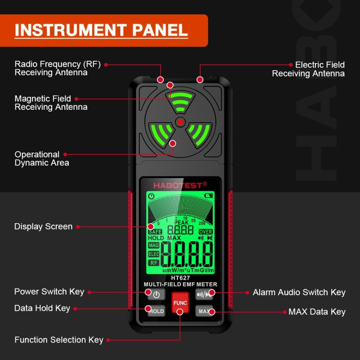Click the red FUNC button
click(180, 303)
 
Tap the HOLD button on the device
click(156, 311)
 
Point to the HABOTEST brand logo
click(180, 185)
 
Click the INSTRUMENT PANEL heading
click(101, 30)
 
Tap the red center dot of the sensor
click(180, 121)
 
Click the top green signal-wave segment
click(180, 102)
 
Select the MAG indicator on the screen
click(154, 246)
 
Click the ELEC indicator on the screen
click(154, 254)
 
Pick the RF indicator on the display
click(154, 263)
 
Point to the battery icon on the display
click(208, 196)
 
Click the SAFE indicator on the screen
click(155, 232)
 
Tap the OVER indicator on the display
click(206, 232)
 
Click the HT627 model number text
click(180, 278)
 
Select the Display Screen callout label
click(43, 226)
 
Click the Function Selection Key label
click(58, 340)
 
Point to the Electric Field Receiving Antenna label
click(308, 69)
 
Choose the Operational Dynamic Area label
click(41, 159)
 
